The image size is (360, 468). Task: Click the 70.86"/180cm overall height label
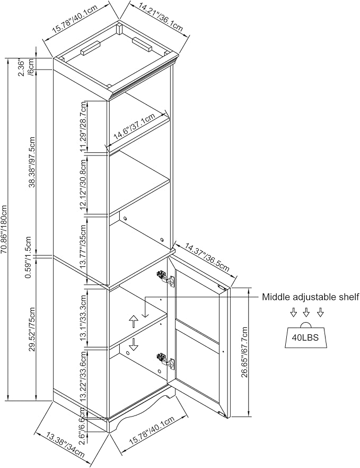tap(4, 229)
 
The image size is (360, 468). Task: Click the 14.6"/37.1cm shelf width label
tap(135, 126)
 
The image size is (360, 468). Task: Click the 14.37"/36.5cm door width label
tap(207, 257)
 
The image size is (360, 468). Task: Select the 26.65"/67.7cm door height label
tap(245, 352)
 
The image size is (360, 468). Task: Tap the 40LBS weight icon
tap(305, 335)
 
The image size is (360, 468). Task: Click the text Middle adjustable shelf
tap(310, 297)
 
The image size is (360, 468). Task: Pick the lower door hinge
tap(165, 360)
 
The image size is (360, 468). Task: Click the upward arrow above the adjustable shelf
tap(134, 322)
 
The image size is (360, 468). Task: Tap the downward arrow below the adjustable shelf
tap(134, 344)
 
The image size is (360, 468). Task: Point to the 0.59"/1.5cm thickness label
tap(29, 257)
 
